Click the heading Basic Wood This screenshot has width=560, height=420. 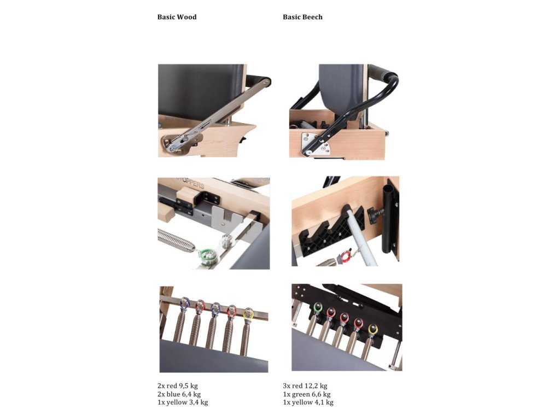point(177,17)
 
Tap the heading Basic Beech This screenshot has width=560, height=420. point(302,17)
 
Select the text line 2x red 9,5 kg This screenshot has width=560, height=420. point(178,386)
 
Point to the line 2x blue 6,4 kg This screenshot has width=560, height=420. point(179,394)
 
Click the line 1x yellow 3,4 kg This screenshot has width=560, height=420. point(183,402)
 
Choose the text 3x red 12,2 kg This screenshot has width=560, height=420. point(305,386)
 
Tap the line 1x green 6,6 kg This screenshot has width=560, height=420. point(306,394)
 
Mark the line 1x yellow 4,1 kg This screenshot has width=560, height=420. point(308,402)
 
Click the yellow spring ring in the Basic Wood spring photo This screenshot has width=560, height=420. point(248,314)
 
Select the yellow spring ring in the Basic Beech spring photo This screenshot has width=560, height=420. point(373,329)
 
